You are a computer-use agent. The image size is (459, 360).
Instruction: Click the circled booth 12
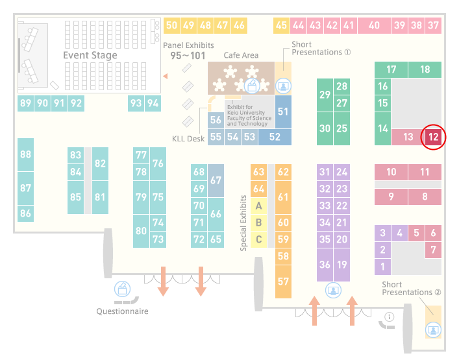(433, 137)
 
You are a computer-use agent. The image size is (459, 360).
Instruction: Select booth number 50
(171, 25)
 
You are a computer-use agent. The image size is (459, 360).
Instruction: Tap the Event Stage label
(90, 55)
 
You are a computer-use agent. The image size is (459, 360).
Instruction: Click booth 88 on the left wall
(25, 154)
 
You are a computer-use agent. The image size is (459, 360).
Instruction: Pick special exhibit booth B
(258, 222)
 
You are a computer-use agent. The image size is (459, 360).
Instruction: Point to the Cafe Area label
(241, 55)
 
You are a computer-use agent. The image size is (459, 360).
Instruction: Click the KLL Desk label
(188, 139)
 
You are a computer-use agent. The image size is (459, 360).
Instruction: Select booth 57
(283, 282)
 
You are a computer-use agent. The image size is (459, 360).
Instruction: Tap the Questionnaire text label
(122, 311)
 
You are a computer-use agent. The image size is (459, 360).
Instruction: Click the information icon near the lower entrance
(389, 317)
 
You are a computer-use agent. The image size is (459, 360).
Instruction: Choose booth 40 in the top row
(374, 25)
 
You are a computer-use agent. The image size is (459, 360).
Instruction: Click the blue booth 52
(275, 137)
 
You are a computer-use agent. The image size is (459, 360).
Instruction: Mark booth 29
(325, 95)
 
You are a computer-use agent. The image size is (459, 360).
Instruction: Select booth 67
(216, 180)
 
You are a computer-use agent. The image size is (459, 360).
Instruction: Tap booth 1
(382, 267)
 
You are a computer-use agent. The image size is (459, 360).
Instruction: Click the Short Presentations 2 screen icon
(433, 330)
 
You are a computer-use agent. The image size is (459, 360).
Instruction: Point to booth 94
(153, 103)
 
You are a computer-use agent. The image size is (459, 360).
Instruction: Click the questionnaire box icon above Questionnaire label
(122, 289)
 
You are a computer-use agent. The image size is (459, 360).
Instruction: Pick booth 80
(141, 231)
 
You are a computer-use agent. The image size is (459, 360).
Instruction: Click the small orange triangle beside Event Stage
(166, 77)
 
